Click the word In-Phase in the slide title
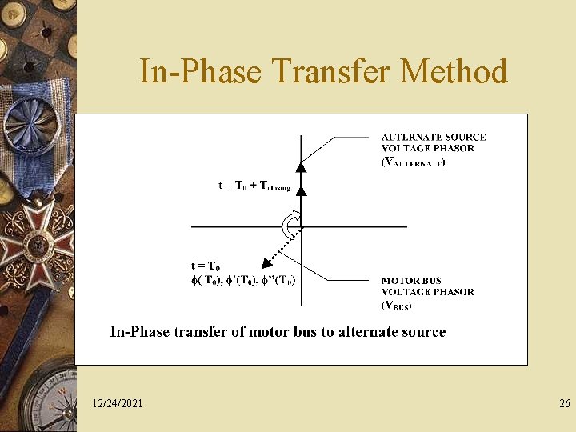click(x=201, y=71)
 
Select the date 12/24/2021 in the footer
click(x=118, y=404)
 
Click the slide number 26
click(x=565, y=404)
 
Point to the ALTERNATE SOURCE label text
click(x=433, y=137)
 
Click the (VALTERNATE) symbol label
click(x=413, y=162)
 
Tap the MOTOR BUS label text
click(x=411, y=281)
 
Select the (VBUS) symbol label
click(x=398, y=305)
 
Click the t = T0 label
click(x=206, y=266)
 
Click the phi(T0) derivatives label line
click(x=243, y=280)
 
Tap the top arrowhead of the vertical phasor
click(x=301, y=167)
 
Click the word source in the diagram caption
click(x=422, y=332)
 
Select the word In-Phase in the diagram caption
click(x=138, y=332)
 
